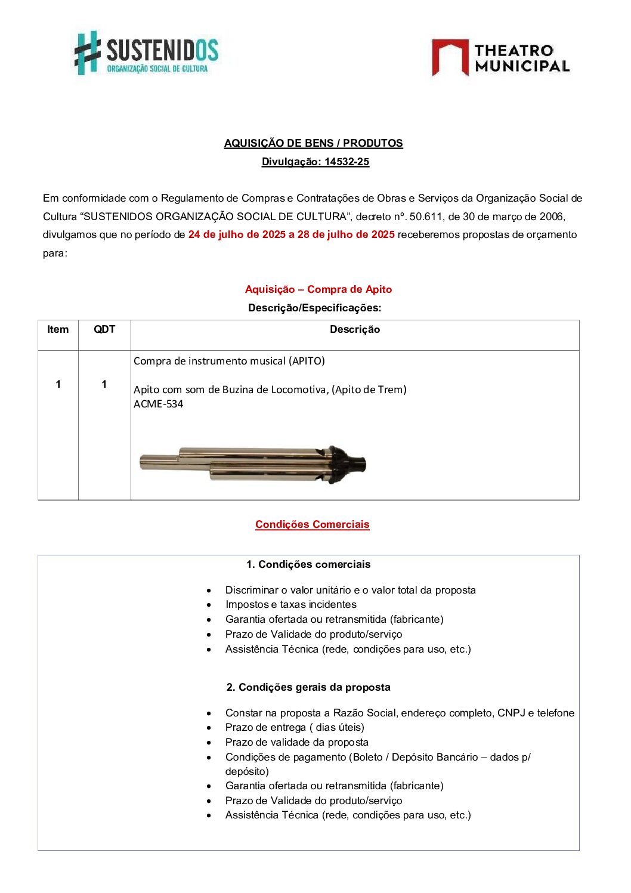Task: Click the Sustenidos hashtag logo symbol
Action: click(x=88, y=53)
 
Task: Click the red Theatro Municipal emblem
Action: click(x=450, y=57)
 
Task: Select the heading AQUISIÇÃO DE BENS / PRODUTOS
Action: click(x=313, y=143)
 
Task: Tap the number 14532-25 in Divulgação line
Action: click(x=347, y=162)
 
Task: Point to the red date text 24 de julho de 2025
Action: click(x=237, y=234)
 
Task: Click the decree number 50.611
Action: click(x=426, y=217)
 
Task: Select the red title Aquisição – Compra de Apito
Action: click(x=318, y=289)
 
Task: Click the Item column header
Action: click(x=58, y=329)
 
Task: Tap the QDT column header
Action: click(x=104, y=329)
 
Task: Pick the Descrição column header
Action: click(x=354, y=329)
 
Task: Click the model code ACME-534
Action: click(x=158, y=404)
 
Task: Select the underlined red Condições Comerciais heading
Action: click(x=312, y=524)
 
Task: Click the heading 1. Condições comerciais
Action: click(x=308, y=564)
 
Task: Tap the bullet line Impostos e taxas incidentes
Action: click(x=290, y=604)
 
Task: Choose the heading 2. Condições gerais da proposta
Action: click(x=308, y=687)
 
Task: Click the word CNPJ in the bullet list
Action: click(x=511, y=713)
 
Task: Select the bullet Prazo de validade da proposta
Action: click(x=296, y=742)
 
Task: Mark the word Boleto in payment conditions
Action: click(x=368, y=757)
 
